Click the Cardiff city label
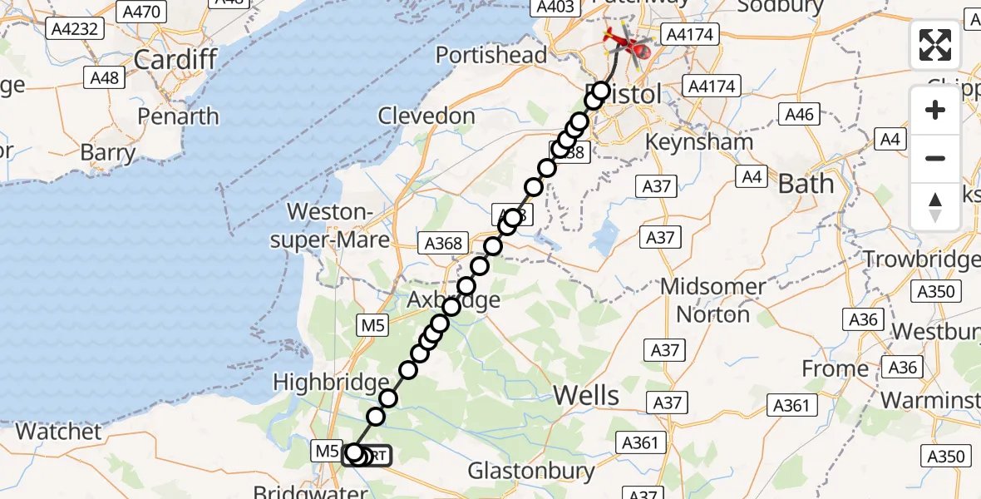(175, 59)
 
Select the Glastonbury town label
(531, 472)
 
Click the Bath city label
(805, 183)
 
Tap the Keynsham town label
(700, 141)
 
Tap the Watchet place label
(58, 432)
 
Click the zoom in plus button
(935, 110)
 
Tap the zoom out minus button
(935, 158)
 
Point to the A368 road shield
(443, 243)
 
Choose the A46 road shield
(798, 115)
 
